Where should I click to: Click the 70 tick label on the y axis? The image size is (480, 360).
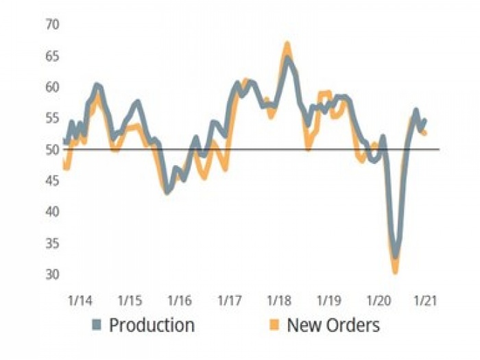53,25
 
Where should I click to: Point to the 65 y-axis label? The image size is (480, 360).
53,56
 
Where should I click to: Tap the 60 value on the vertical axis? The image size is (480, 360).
53,87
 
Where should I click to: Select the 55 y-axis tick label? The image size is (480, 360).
53,118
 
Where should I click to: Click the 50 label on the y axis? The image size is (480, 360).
53,149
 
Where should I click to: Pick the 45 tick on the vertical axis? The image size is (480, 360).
53,180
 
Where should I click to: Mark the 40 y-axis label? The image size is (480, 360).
53,212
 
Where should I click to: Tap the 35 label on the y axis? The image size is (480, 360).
53,243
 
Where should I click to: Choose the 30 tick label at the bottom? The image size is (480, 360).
53,274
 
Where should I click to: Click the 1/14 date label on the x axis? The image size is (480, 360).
81,301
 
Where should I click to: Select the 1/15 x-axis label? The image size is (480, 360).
130,301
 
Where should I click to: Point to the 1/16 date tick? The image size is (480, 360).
180,301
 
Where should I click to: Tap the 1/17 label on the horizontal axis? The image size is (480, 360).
229,301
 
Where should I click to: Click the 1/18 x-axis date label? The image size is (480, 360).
278,301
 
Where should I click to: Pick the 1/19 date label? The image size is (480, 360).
328,301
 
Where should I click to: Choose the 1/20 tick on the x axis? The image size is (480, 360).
377,301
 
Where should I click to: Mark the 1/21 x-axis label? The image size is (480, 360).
425,301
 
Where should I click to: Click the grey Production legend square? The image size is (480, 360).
97,324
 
